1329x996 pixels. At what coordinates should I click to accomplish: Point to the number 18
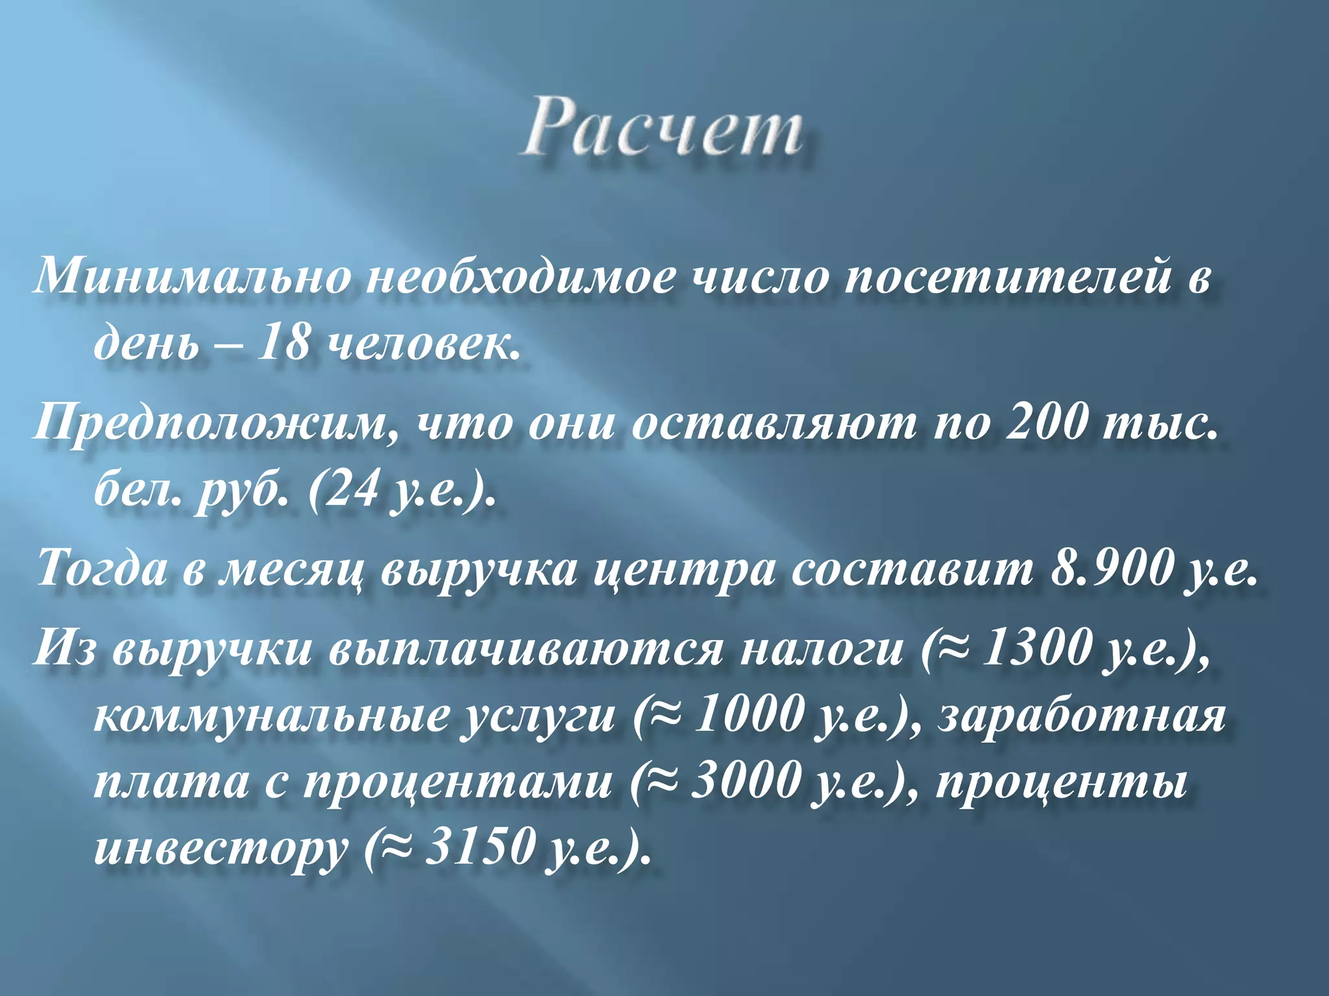pyautogui.click(x=282, y=344)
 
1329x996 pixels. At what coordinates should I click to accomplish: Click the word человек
pyautogui.click(x=422, y=344)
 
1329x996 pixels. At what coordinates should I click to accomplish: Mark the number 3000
pyautogui.click(x=742, y=781)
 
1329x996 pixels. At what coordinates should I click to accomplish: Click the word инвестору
pyautogui.click(x=221, y=849)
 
